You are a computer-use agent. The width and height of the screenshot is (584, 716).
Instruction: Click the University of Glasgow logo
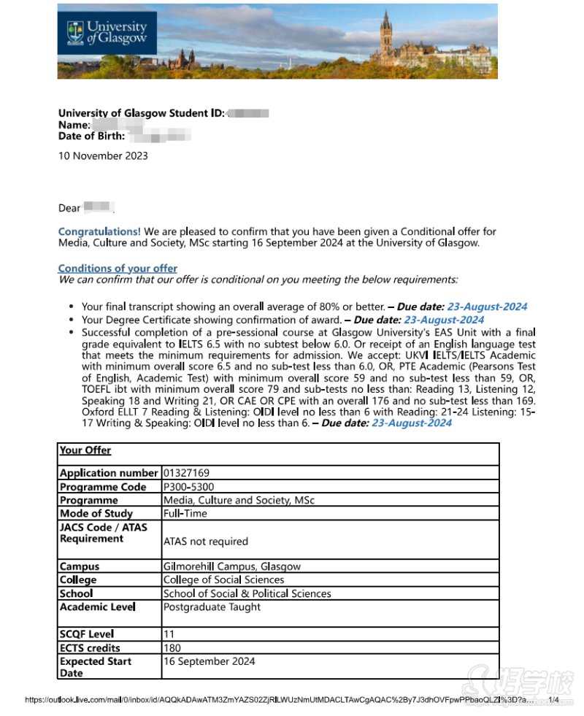coord(107,33)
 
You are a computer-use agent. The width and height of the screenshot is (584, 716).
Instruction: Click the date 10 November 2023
coord(103,155)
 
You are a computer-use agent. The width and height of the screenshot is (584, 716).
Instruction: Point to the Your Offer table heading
coord(85,450)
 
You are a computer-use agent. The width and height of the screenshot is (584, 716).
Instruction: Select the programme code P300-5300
coord(188,487)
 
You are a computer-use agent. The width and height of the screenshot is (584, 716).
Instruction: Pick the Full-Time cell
coord(185,513)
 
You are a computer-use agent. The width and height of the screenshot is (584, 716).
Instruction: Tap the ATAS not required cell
coord(206,542)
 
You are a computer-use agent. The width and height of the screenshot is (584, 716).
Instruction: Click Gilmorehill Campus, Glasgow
coord(231,566)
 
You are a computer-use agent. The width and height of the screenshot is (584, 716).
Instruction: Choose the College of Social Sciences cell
coord(223,580)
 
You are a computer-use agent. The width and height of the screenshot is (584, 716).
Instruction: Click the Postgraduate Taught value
coord(212,607)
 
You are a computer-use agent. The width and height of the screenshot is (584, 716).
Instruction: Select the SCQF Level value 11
coord(169,634)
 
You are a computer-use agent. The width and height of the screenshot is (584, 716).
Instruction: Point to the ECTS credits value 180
coord(172,648)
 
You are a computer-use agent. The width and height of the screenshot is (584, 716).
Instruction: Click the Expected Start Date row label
coord(95,667)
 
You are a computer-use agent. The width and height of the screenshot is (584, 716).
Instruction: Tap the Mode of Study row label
coord(96,513)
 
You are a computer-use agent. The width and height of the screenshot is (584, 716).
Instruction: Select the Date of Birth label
coord(91,135)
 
